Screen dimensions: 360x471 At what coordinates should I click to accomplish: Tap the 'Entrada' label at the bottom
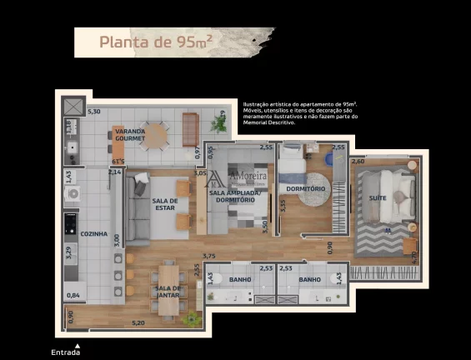[66, 352]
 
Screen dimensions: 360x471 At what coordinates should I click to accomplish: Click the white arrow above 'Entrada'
[77, 343]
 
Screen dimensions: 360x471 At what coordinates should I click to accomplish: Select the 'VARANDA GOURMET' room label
[130, 135]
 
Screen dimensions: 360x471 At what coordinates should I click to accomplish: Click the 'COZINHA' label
[94, 234]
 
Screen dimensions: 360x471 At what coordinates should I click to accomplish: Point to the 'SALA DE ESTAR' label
[165, 205]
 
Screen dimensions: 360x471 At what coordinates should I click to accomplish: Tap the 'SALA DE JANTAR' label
[167, 292]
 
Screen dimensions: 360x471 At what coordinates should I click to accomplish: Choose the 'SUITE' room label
[377, 197]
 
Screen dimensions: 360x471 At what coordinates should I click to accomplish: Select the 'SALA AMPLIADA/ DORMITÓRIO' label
[235, 197]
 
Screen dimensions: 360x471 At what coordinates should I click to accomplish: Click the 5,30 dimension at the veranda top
[94, 112]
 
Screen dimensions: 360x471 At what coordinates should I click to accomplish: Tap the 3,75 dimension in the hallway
[209, 256]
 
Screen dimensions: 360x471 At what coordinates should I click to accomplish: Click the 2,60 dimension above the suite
[358, 161]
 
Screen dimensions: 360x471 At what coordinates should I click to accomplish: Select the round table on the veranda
[155, 134]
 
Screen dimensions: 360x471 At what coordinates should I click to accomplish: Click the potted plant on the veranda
[218, 123]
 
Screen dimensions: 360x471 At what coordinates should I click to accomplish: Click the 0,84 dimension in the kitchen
[73, 295]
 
